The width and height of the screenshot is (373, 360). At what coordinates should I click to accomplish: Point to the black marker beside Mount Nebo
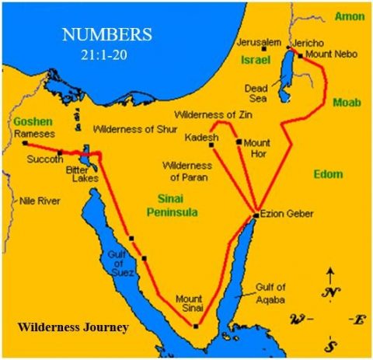[x=300, y=56]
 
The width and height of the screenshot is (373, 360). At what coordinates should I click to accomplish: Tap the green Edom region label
[x=327, y=174]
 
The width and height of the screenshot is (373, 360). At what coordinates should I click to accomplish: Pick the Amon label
[x=349, y=16]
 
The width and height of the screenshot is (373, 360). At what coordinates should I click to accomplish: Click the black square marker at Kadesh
[x=211, y=145]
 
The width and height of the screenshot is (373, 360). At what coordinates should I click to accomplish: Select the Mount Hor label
[x=257, y=149]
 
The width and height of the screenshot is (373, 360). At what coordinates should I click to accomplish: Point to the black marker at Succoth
[x=60, y=152]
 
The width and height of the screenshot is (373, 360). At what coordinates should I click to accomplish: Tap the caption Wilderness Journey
[x=72, y=327]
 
